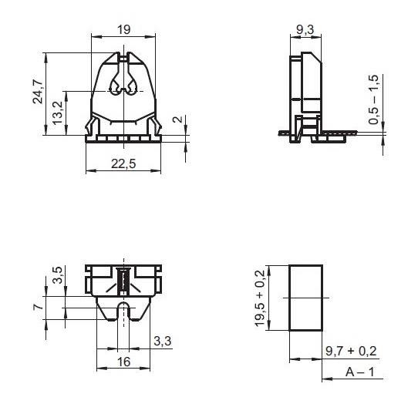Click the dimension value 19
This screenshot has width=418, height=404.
pyautogui.click(x=124, y=29)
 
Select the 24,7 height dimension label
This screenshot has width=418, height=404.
pyautogui.click(x=38, y=91)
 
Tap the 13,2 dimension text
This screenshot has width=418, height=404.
pyautogui.click(x=58, y=113)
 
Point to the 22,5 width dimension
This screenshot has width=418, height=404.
pyautogui.click(x=123, y=163)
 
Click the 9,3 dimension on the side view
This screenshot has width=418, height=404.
pyautogui.click(x=305, y=29)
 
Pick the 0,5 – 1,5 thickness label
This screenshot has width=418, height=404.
pyautogui.click(x=373, y=99)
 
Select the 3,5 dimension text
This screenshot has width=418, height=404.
pyautogui.click(x=58, y=274)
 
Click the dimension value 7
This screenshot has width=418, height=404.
pyautogui.click(x=38, y=306)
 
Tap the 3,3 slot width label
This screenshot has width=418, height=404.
pyautogui.click(x=163, y=341)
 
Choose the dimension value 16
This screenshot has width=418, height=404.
pyautogui.click(x=123, y=362)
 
